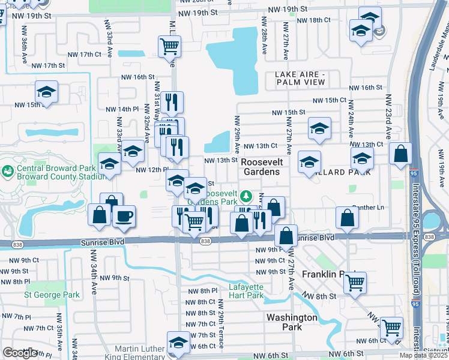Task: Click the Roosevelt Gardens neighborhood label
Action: click(261, 166)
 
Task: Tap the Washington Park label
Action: click(292, 322)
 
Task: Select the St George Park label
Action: click(52, 295)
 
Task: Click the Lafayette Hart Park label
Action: click(246, 290)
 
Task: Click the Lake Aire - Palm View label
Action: click(300, 78)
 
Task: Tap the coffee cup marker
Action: click(124, 217)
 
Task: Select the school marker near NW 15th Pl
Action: click(46, 91)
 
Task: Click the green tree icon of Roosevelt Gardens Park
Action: click(246, 196)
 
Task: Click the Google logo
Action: click(20, 353)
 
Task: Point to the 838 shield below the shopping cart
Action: click(205, 241)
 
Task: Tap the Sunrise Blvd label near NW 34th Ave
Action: click(98, 242)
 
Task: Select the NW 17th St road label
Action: click(48, 65)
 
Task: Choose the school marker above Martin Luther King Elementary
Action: click(178, 341)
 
